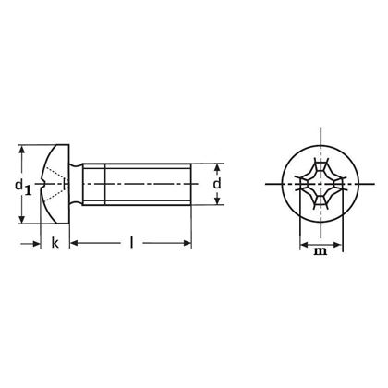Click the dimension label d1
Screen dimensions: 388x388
(x=23, y=187)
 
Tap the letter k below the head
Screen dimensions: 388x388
(x=55, y=243)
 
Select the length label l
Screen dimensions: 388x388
(x=131, y=242)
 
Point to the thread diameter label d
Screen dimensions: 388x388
(x=217, y=184)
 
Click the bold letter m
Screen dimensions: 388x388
(x=321, y=251)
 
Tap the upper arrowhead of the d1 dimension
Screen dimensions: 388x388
(x=21, y=149)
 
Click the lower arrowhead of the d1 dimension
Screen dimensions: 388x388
(x=21, y=219)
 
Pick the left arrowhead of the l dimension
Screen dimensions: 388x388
(x=74, y=243)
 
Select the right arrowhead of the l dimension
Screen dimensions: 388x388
(x=187, y=243)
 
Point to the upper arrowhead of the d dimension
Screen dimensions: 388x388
(x=217, y=168)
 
